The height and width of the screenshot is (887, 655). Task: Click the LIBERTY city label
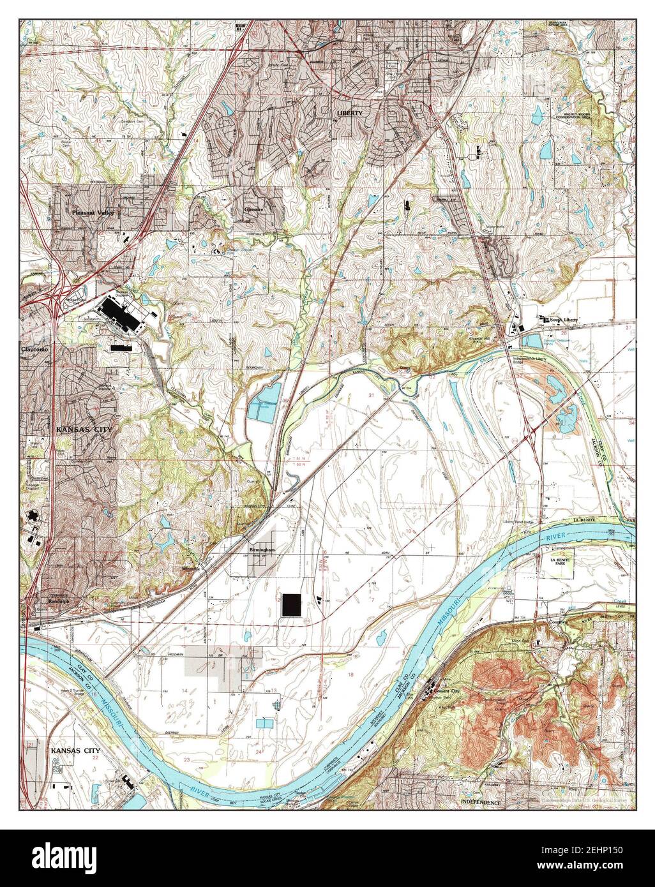(x=349, y=113)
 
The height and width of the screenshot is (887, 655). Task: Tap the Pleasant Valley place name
(x=93, y=212)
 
